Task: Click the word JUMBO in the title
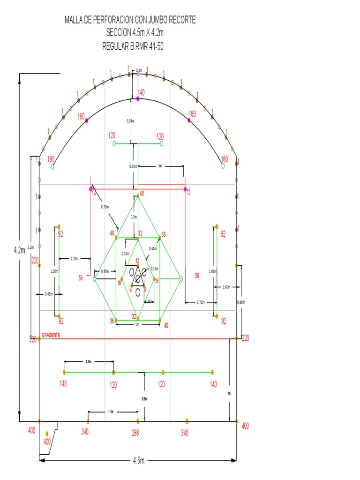click(161, 20)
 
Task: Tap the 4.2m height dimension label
click(19, 250)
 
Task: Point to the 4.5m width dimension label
click(138, 461)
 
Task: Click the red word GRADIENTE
click(51, 336)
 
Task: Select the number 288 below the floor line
click(135, 433)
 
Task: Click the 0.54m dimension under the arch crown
click(130, 121)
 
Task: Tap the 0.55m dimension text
click(134, 166)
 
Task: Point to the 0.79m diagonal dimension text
click(105, 206)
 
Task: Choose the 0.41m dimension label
click(153, 248)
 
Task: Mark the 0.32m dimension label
click(125, 254)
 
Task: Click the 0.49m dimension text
click(105, 271)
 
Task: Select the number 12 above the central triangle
click(138, 261)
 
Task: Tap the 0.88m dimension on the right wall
click(241, 302)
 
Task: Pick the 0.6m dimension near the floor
click(144, 399)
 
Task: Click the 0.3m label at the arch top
click(139, 71)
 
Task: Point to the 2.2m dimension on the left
click(30, 247)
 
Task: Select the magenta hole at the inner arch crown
click(138, 99)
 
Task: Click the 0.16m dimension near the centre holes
click(154, 269)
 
